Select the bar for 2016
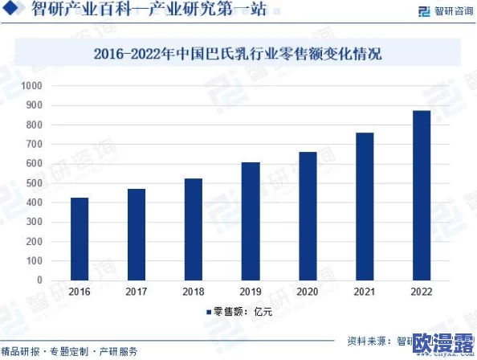pos(79,239)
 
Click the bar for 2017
pos(137,235)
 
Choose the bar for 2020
pos(308,216)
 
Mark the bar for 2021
pos(365,207)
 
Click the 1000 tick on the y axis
pos(31,86)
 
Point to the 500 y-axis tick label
pos(34,183)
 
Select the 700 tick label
pos(34,145)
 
